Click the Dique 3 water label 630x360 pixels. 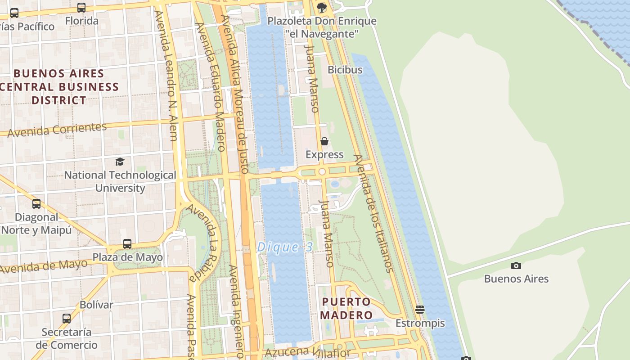point(284,247)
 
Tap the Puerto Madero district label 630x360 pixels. point(346,308)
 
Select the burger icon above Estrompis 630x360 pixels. point(420,310)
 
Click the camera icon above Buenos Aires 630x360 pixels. point(516,265)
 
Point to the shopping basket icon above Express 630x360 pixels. point(324,142)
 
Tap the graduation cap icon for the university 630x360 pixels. point(120,162)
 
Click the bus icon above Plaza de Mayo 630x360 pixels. point(127,244)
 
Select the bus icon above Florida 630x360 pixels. point(81,8)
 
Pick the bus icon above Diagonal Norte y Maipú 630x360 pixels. point(36,204)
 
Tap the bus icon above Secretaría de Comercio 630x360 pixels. point(67,319)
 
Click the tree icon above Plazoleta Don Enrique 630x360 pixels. point(321,7)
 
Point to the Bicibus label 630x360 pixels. point(345,70)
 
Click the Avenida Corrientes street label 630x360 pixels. point(57,130)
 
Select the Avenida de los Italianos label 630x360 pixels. point(373,213)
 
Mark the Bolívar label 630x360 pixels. point(96,305)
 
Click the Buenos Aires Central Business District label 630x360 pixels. point(59,86)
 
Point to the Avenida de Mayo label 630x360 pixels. point(44,267)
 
